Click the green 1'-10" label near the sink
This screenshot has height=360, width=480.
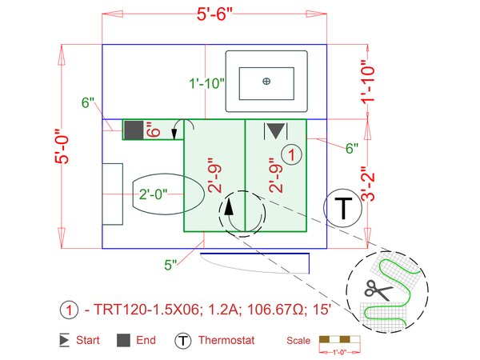[206, 82]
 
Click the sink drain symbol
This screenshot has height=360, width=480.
[266, 80]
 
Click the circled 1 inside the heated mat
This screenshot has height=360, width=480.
[294, 154]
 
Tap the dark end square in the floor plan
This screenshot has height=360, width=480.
[134, 130]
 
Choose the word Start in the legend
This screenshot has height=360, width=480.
[88, 340]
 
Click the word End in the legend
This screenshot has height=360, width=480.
[145, 340]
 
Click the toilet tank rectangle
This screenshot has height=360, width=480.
[112, 195]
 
